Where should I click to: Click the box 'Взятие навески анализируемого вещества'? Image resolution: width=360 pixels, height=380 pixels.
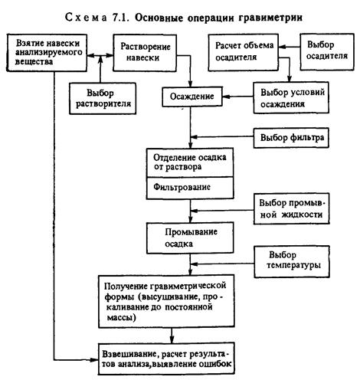pyautogui.click(x=47, y=53)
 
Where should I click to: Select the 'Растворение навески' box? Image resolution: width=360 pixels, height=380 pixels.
pyautogui.click(x=145, y=53)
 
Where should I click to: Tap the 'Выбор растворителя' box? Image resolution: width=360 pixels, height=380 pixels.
pyautogui.click(x=103, y=98)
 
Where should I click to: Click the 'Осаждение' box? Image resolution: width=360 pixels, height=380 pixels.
pyautogui.click(x=192, y=97)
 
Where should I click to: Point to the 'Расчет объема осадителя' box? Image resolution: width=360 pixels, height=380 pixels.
pyautogui.click(x=244, y=52)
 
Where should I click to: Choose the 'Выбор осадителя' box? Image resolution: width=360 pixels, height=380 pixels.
pyautogui.click(x=327, y=52)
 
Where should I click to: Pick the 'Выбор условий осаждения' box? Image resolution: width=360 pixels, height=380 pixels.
pyautogui.click(x=291, y=97)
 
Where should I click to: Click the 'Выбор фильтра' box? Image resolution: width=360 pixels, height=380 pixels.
pyautogui.click(x=291, y=138)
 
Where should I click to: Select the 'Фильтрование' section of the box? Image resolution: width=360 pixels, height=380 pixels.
pyautogui.click(x=190, y=188)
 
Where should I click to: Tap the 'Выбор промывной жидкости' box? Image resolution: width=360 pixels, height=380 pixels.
pyautogui.click(x=291, y=208)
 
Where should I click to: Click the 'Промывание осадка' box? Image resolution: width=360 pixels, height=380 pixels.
pyautogui.click(x=190, y=237)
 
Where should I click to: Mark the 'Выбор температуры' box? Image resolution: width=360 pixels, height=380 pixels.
pyautogui.click(x=292, y=261)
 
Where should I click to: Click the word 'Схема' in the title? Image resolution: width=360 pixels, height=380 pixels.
pyautogui.click(x=86, y=18)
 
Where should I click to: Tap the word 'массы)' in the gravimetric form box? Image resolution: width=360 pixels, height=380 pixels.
pyautogui.click(x=122, y=318)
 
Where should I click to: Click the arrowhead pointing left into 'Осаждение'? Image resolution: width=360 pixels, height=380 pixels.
pyautogui.click(x=226, y=97)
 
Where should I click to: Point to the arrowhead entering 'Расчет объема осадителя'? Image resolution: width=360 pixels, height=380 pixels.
pyautogui.click(x=282, y=47)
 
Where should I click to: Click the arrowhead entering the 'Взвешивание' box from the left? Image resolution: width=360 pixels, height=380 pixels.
pyautogui.click(x=95, y=360)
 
